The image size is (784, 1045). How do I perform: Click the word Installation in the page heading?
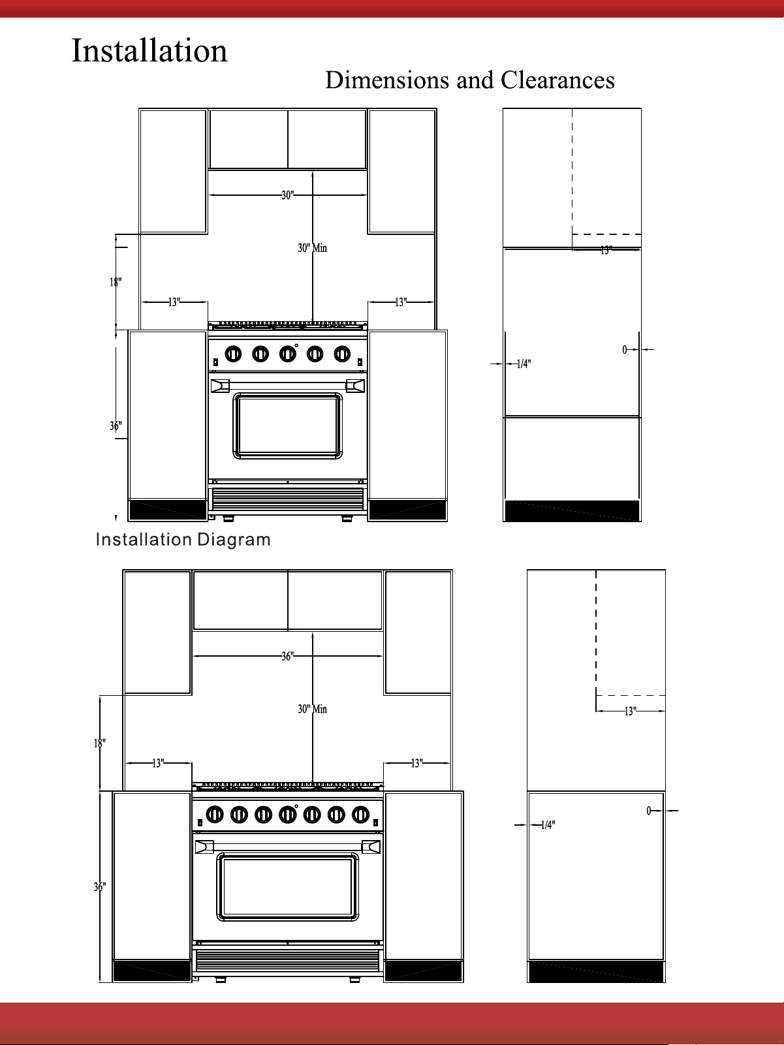[149, 50]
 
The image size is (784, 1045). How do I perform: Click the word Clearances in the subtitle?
[557, 80]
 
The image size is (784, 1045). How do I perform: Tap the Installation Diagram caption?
[183, 539]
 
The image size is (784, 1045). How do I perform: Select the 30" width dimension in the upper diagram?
[287, 195]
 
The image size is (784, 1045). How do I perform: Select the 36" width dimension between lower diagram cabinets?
[287, 656]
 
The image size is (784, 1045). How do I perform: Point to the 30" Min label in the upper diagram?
[312, 248]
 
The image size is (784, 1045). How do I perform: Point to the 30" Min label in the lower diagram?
[312, 709]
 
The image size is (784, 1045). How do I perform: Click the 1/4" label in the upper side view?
[524, 364]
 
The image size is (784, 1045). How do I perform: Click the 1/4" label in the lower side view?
[548, 825]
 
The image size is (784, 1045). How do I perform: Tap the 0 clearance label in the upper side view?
[625, 350]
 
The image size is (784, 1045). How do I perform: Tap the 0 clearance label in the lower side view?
[648, 811]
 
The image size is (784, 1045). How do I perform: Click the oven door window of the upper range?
[287, 426]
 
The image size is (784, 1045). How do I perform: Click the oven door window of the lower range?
[287, 886]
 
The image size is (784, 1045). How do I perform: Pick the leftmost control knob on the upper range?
[233, 354]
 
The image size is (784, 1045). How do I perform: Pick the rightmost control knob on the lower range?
[361, 815]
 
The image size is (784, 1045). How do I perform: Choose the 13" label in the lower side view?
[630, 711]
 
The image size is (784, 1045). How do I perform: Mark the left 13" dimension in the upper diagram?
[174, 302]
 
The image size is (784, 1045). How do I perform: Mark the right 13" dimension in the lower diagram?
[417, 763]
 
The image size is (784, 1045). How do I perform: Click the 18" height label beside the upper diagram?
[116, 283]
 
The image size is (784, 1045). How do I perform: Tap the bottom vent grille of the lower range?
[287, 961]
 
